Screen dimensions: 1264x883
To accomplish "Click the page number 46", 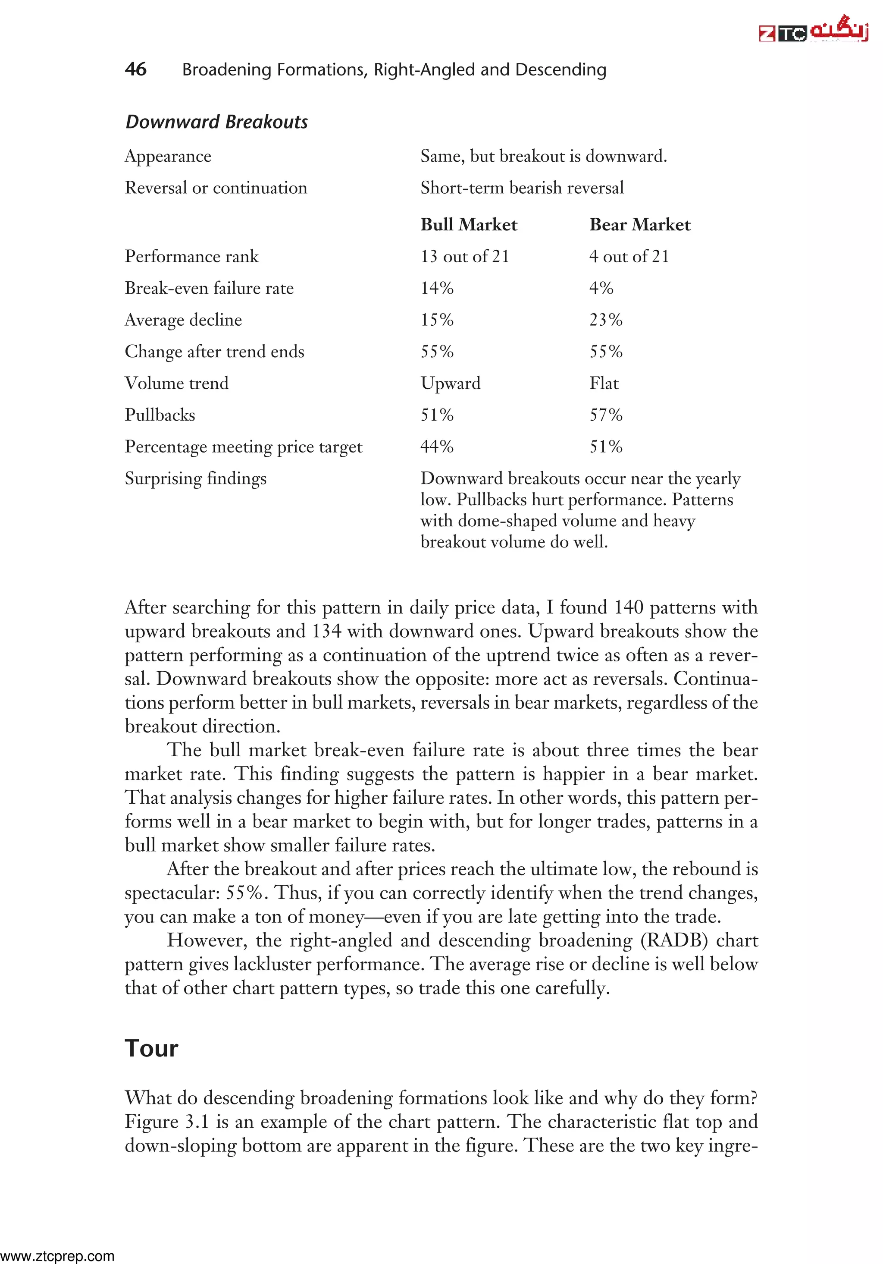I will [135, 69].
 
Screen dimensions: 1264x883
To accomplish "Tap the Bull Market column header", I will [468, 225].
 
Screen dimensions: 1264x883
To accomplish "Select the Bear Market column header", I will [639, 225].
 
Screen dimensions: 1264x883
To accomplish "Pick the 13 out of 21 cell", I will [464, 257].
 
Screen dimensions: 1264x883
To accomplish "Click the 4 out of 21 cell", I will [628, 257].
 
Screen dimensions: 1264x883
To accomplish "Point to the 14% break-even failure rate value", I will [437, 288].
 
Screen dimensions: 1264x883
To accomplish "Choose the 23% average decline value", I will [605, 320].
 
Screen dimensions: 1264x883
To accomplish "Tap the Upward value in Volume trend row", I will [450, 383].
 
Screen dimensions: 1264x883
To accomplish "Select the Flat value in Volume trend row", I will [604, 383].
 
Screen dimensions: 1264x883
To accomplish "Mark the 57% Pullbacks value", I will [605, 415].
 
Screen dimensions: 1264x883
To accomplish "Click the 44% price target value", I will [437, 446].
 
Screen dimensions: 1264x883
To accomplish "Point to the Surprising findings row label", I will [195, 478].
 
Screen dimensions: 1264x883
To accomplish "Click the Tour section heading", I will [151, 1048].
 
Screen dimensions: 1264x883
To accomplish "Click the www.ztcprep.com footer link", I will [57, 1256].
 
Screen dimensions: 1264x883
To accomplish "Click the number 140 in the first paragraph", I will [628, 607].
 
